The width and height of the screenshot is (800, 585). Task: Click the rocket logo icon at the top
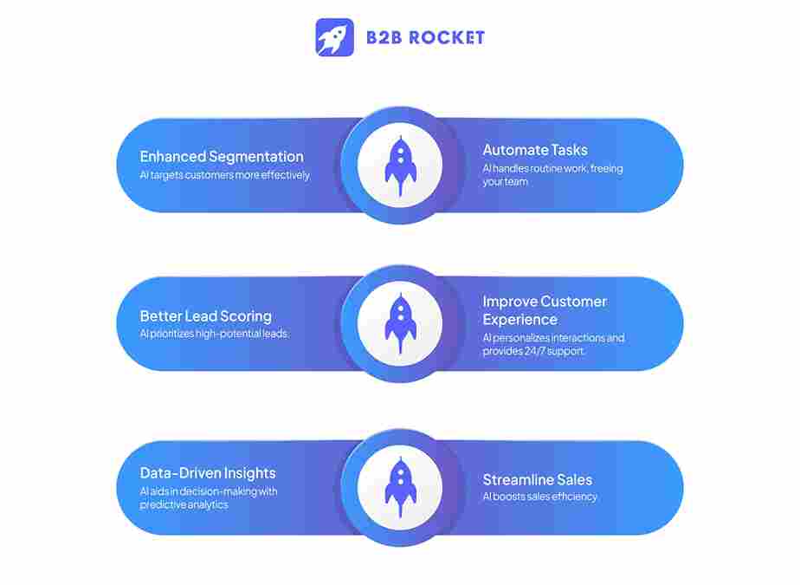[334, 37]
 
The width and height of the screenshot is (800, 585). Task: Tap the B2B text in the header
[384, 37]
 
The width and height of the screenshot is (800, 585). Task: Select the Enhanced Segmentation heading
[222, 157]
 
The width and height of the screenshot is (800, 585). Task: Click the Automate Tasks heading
[535, 150]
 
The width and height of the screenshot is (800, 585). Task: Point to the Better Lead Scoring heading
[206, 316]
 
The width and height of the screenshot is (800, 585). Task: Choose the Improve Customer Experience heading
[545, 310]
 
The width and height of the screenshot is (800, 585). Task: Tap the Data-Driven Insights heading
[208, 473]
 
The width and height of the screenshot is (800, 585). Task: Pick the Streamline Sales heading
[538, 479]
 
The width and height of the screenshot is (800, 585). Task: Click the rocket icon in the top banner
[400, 165]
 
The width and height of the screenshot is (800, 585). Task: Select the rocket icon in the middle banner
[400, 323]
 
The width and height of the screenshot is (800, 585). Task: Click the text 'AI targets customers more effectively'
[225, 175]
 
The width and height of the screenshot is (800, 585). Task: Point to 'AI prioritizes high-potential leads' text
[215, 334]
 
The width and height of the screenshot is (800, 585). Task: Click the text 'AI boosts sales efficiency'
[540, 497]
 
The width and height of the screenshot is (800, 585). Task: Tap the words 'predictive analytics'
[184, 504]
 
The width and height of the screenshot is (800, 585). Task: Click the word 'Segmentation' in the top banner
[258, 157]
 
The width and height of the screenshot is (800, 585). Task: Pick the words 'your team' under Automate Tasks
[505, 182]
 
